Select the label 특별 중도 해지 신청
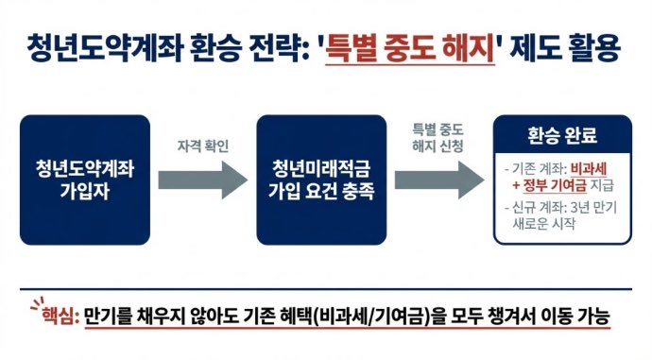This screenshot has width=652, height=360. (440, 136)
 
